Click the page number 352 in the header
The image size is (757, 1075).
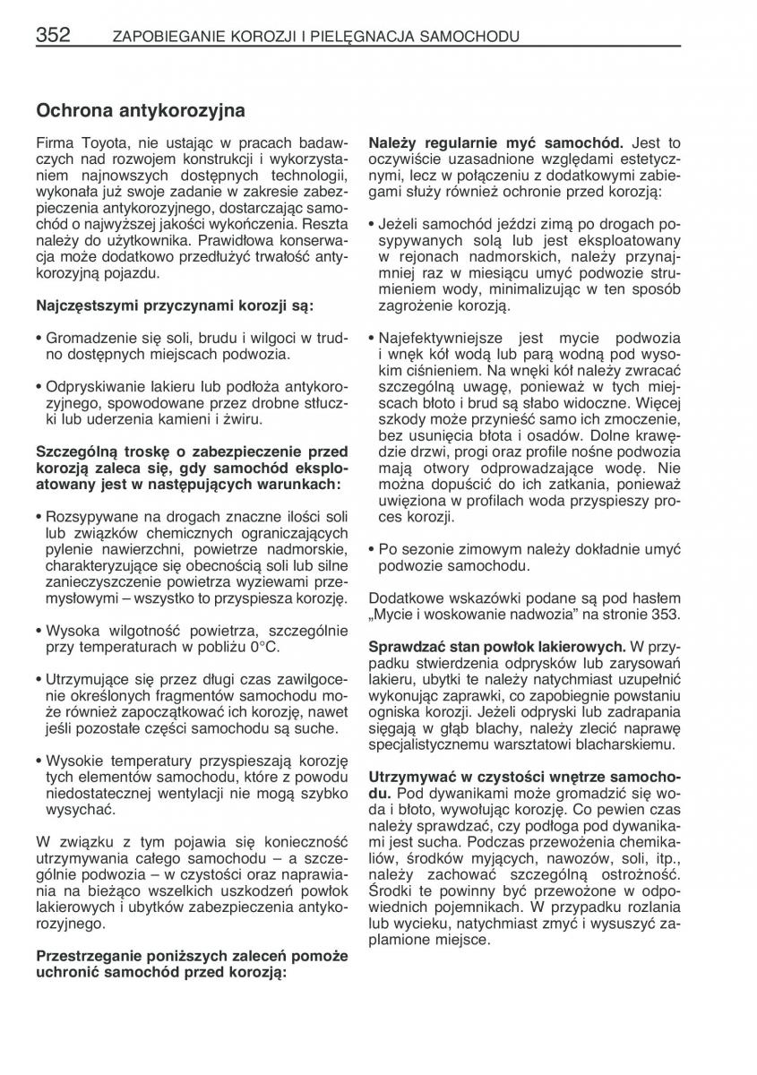(x=53, y=36)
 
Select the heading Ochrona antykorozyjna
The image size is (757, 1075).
(x=141, y=111)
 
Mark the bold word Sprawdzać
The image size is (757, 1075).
(x=404, y=646)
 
